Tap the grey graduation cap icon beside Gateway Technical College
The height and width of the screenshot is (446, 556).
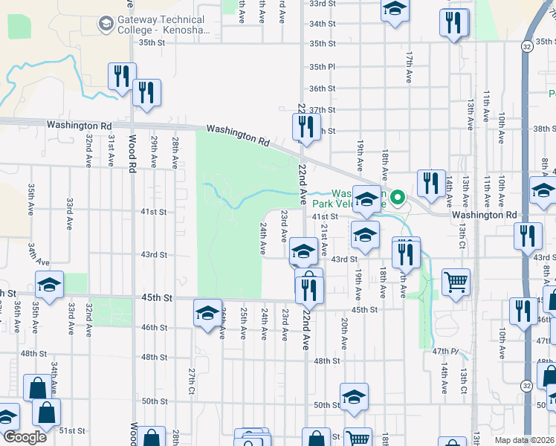[106, 25]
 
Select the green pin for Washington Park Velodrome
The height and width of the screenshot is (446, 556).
[398, 198]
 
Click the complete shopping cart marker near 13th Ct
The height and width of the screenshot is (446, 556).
[456, 282]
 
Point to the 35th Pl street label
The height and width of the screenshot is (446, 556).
[322, 66]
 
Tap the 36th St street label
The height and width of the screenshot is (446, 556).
[323, 88]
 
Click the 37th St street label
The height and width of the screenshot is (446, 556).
[323, 109]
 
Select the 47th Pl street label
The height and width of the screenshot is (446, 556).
[446, 349]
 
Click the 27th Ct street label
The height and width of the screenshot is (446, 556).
[191, 381]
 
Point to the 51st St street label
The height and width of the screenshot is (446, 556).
[73, 430]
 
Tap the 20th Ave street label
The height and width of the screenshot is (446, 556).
[344, 334]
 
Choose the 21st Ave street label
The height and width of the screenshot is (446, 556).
[324, 242]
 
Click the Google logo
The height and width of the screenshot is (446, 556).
[24, 436]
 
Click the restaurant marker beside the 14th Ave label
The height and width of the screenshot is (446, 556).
[431, 183]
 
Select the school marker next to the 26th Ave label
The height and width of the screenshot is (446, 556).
[207, 312]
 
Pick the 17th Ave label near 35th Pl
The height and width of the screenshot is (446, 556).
[409, 67]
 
